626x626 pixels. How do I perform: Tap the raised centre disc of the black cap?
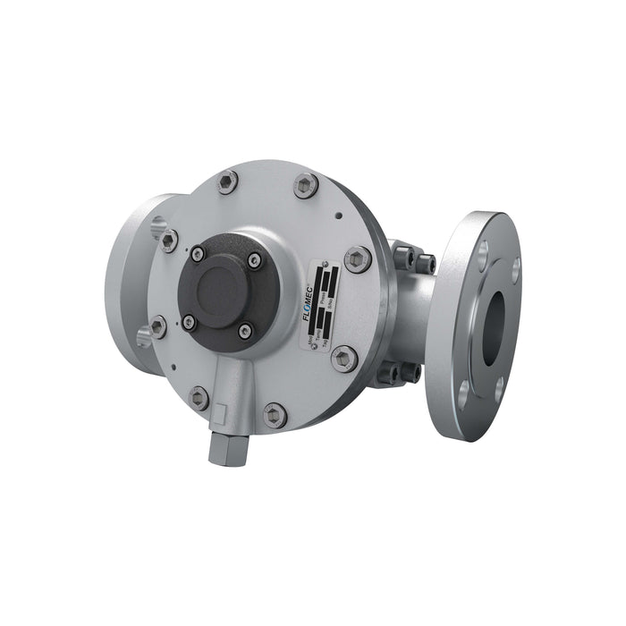pos(221,289)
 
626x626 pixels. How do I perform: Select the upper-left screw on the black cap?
pos(198,254)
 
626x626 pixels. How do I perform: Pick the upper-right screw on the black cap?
pos(255,260)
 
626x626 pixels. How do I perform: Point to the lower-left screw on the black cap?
pos(190,321)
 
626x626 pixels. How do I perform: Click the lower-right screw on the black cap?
pos(245,331)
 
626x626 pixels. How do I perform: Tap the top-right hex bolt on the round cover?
pos(306,185)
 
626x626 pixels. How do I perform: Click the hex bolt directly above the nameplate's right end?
pos(357,259)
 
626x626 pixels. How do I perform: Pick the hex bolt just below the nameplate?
pos(344,359)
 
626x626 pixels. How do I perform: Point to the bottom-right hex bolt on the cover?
pos(275,414)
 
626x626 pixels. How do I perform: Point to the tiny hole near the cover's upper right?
pos(338,215)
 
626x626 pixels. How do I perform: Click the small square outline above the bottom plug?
pos(220,413)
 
